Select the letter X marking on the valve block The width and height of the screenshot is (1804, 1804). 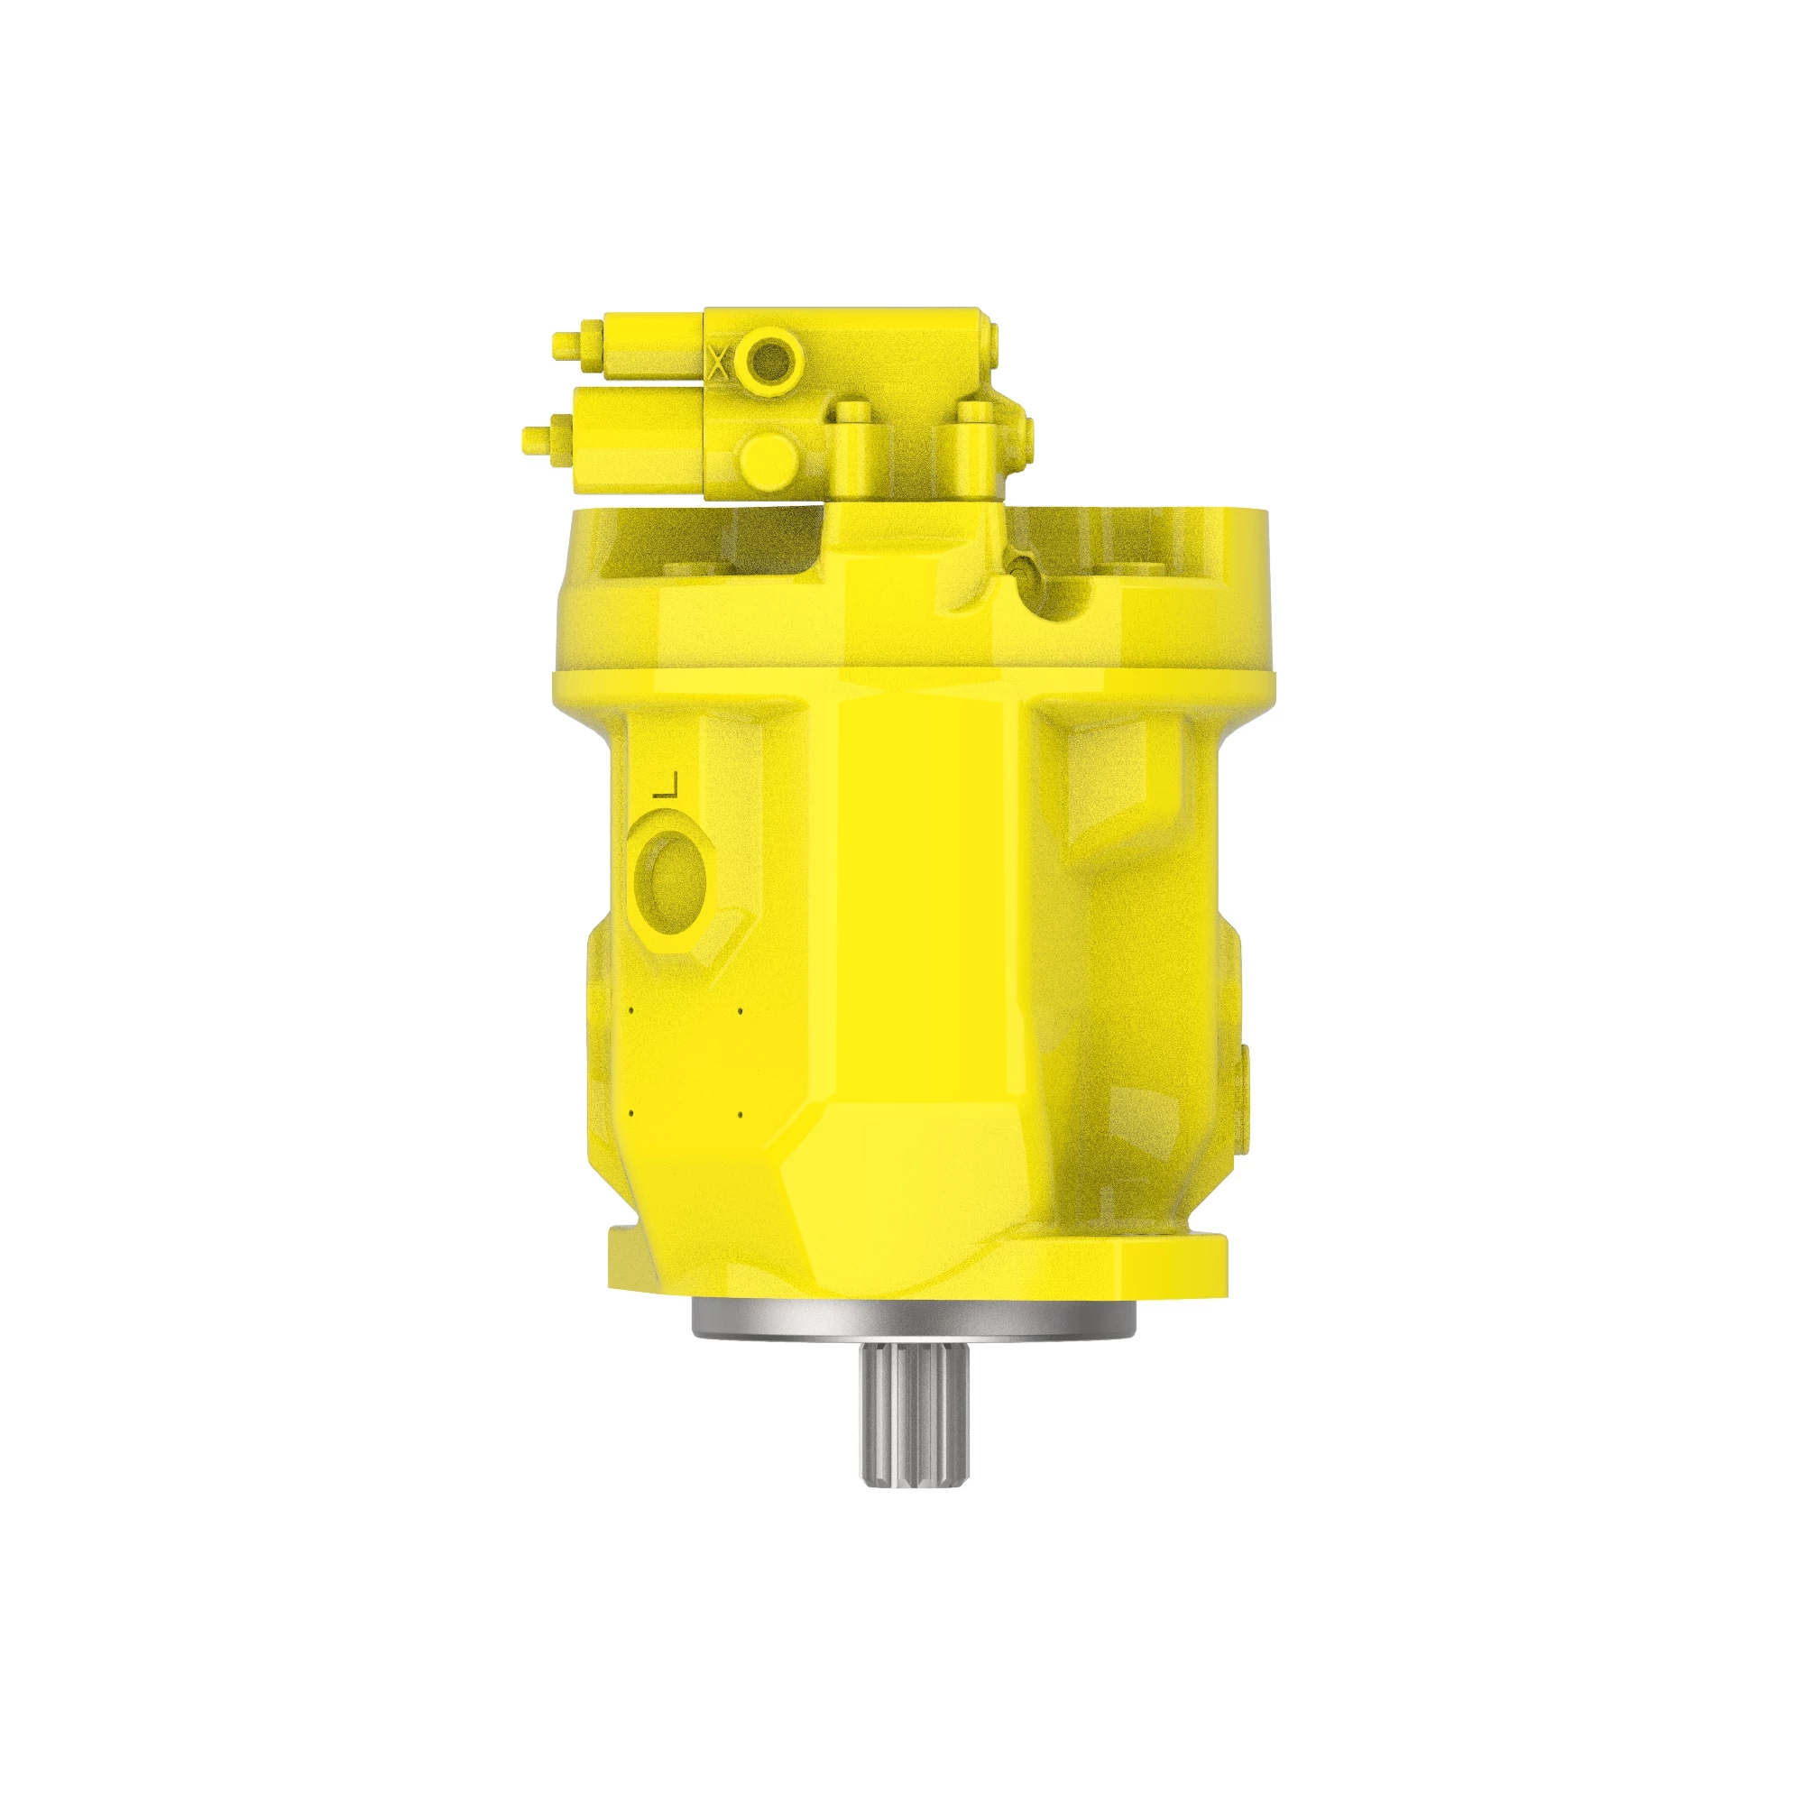click(717, 361)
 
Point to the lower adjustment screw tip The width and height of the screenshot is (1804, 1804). click(537, 438)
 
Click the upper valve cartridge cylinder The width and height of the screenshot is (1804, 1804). click(654, 345)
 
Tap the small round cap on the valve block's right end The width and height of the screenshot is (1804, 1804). click(992, 355)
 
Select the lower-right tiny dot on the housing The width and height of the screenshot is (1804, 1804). click(740, 1114)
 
